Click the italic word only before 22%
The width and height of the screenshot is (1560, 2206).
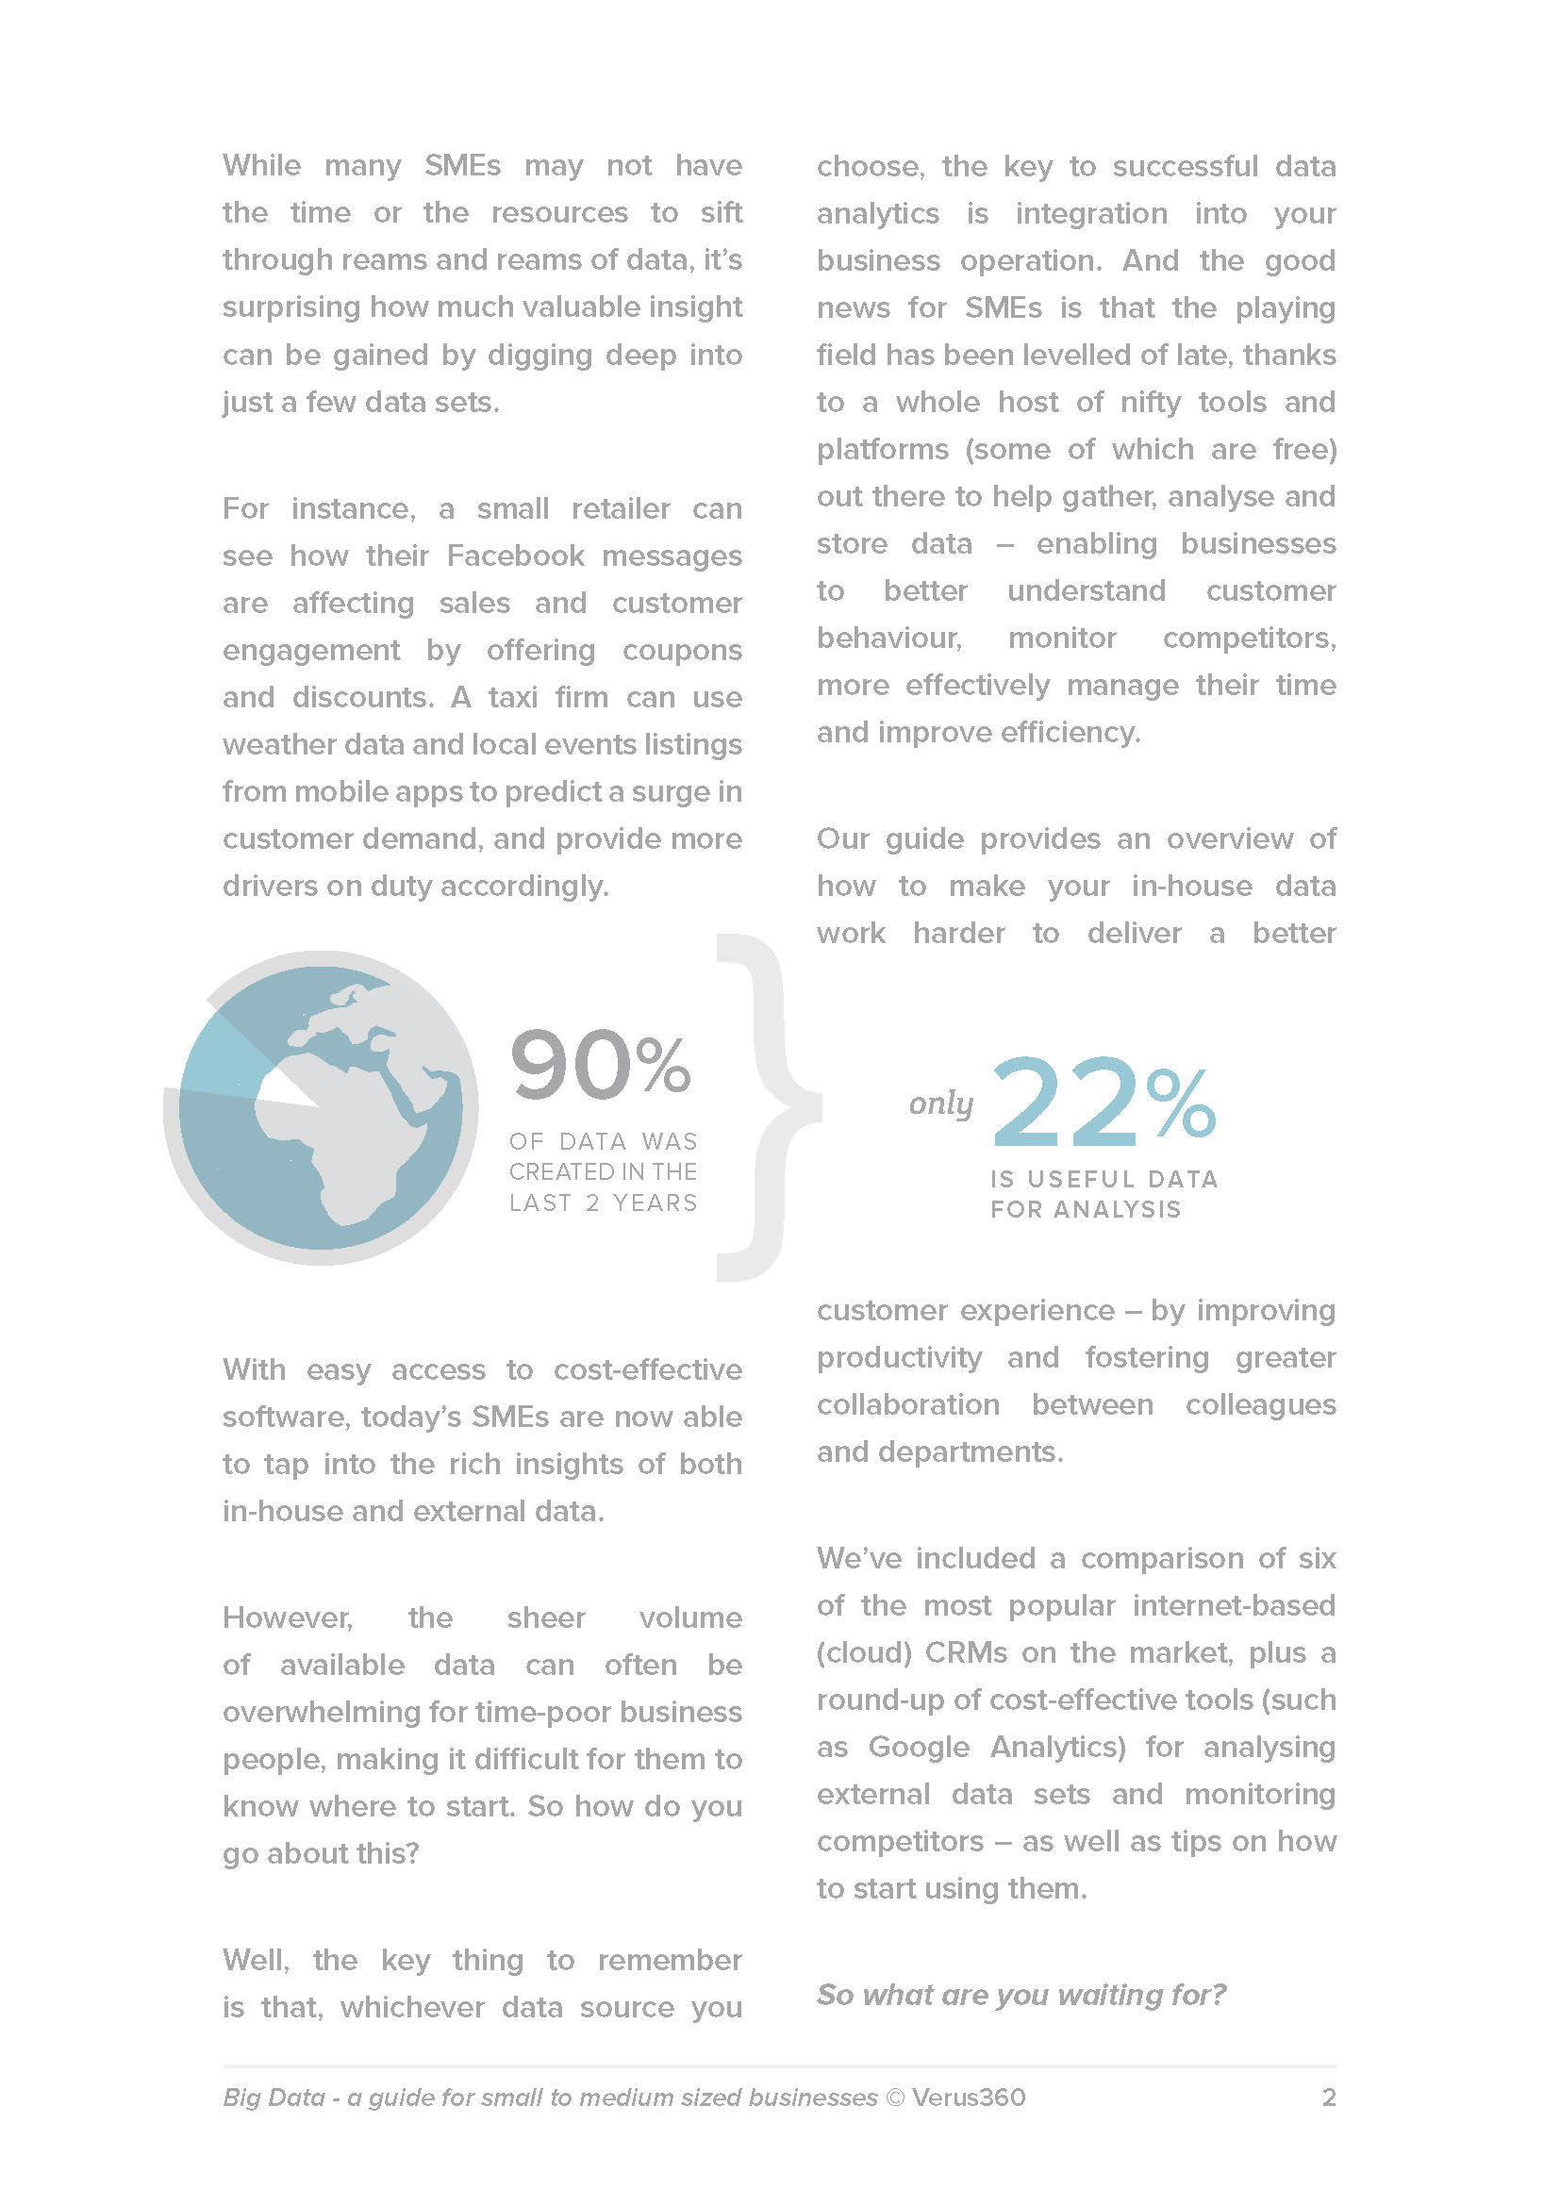(940, 1103)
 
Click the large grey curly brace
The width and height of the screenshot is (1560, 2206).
(769, 1105)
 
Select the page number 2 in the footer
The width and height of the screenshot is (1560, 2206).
(1329, 2097)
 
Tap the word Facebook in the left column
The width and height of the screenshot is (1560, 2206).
(516, 556)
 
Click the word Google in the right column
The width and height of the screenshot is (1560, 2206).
(919, 1746)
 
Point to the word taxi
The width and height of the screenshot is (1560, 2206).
(512, 697)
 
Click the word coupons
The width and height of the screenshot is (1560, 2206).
(682, 650)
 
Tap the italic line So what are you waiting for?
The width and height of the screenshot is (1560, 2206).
(1021, 1994)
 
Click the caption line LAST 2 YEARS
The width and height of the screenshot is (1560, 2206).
(604, 1203)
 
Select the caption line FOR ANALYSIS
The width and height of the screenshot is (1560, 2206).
(1086, 1209)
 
